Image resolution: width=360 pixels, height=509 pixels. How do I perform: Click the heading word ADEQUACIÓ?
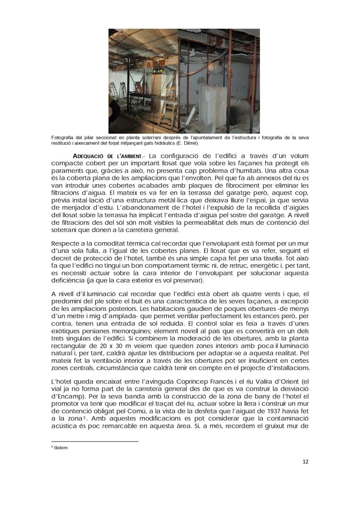coord(89,156)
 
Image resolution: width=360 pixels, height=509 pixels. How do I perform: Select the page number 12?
coord(305,461)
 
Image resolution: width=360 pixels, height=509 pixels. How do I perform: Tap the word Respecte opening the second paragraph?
coord(66,244)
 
